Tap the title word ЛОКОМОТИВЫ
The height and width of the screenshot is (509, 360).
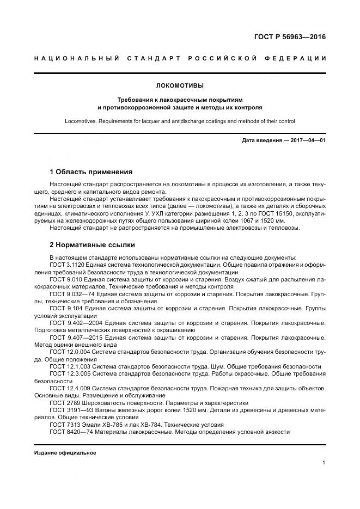pyautogui.click(x=180, y=85)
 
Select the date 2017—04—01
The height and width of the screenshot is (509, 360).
pyautogui.click(x=307, y=140)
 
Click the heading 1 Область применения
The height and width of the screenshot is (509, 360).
pyautogui.click(x=91, y=171)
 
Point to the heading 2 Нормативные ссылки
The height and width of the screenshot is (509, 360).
pyautogui.click(x=92, y=245)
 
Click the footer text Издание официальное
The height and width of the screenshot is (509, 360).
pyautogui.click(x=65, y=453)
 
